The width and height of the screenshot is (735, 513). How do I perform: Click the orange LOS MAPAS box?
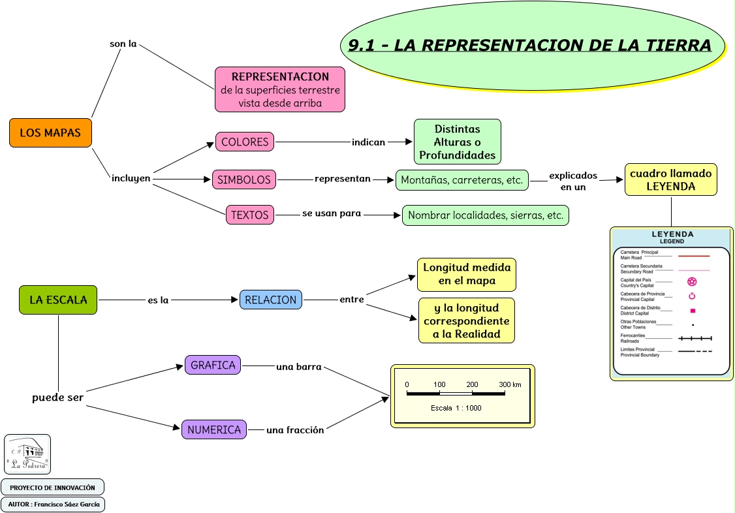pyautogui.click(x=50, y=133)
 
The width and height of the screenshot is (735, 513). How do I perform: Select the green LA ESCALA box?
pyautogui.click(x=58, y=300)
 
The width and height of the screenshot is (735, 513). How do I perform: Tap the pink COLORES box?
pyautogui.click(x=245, y=142)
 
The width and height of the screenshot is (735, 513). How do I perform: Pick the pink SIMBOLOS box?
pyautogui.click(x=243, y=179)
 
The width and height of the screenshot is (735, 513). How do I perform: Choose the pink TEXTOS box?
pyautogui.click(x=249, y=214)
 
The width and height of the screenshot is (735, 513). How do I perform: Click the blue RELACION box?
pyautogui.click(x=270, y=300)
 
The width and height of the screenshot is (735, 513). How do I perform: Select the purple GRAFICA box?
pyautogui.click(x=213, y=365)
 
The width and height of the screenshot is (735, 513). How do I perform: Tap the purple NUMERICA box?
pyautogui.click(x=214, y=429)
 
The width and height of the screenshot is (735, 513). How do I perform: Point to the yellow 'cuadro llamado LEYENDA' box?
pyautogui.click(x=670, y=180)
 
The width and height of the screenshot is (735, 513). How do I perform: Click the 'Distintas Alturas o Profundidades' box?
pyautogui.click(x=457, y=142)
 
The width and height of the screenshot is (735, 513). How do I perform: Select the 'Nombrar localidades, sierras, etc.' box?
pyautogui.click(x=485, y=215)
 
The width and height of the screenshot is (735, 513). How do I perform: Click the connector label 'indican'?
pyautogui.click(x=368, y=142)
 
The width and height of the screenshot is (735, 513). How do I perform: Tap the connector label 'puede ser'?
pyautogui.click(x=58, y=397)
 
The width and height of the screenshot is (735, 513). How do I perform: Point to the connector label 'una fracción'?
pyautogui.click(x=294, y=429)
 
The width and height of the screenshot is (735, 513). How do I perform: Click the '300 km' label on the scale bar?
pyautogui.click(x=510, y=384)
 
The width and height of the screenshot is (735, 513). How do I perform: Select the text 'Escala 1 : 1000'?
pyautogui.click(x=456, y=408)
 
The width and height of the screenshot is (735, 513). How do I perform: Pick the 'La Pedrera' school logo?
pyautogui.click(x=27, y=454)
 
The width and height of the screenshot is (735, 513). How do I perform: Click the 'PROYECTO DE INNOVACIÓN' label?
pyautogui.click(x=52, y=488)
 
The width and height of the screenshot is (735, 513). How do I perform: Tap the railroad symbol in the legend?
pyautogui.click(x=695, y=339)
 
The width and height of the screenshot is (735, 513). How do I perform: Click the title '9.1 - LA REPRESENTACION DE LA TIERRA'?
pyautogui.click(x=529, y=46)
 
